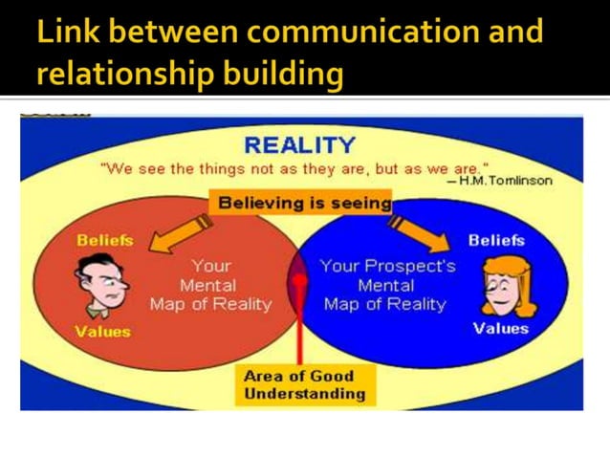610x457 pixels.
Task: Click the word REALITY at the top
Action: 299,145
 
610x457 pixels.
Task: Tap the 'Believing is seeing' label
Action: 304,203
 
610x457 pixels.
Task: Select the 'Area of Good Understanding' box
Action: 304,384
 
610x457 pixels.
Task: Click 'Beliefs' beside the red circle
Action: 104,240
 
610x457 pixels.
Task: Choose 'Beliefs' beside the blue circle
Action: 496,240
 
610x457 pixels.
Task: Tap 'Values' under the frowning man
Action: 102,332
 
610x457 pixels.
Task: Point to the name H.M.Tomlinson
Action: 506,181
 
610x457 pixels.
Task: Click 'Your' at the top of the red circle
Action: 210,266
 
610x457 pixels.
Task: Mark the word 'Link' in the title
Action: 65,32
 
